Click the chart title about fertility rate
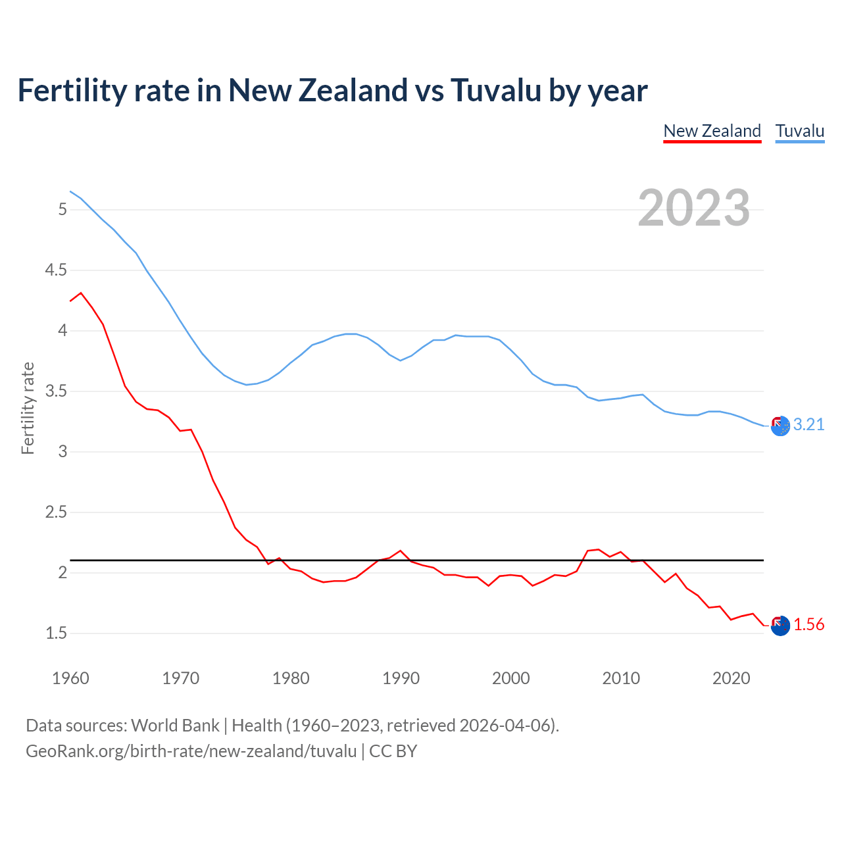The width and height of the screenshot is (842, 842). coord(332,90)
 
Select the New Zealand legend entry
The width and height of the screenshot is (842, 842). coord(712,131)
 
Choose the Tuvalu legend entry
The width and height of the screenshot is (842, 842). coord(799,131)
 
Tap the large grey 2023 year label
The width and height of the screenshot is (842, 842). coord(693,208)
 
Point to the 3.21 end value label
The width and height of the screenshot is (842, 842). coord(808,425)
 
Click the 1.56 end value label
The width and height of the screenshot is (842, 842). coord(808,625)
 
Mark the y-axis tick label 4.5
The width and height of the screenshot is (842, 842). coord(56,270)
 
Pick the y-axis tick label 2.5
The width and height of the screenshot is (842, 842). coord(56,512)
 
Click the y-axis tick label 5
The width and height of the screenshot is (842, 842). coord(62,210)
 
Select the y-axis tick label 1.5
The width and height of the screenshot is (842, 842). coord(56,633)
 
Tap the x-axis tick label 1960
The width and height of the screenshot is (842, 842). coord(70,678)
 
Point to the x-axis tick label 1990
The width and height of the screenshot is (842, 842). coord(401,678)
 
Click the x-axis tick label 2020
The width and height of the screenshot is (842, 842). coord(731,678)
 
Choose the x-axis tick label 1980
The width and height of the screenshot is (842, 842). coord(291,678)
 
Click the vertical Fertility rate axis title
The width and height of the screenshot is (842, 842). coord(28,408)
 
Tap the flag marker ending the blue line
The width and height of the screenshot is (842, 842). coord(780,426)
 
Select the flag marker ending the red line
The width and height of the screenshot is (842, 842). coord(780,626)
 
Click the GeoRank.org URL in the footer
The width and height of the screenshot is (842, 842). coord(191,751)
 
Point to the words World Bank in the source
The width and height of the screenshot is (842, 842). coord(175,726)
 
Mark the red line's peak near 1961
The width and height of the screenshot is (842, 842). coord(81,293)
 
